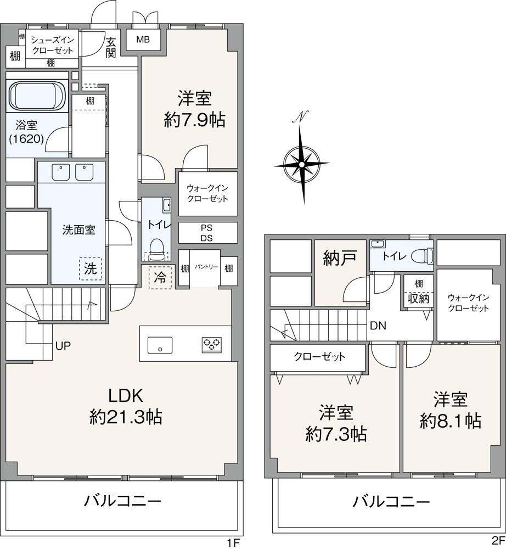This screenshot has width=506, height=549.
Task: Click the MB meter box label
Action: pos(143,40)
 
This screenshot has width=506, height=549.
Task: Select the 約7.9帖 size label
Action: pos(195,120)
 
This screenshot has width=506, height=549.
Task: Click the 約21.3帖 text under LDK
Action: pos(126,417)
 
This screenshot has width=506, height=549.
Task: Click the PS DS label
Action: pos(206,233)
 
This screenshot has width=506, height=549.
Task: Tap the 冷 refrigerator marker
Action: pos(160,278)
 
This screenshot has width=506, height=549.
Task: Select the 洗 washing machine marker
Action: pos(91,269)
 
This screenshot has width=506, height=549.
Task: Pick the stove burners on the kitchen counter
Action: pos(212,344)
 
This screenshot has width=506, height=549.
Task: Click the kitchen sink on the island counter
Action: pos(160,345)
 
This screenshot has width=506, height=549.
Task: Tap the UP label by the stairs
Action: pos(63,346)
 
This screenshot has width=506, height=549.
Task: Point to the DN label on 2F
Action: pos(378,326)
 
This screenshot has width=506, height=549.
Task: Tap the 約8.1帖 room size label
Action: pos(451,421)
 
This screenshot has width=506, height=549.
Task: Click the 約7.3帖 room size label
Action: pos(336,434)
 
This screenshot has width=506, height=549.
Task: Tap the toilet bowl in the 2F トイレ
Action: pos(420,256)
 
